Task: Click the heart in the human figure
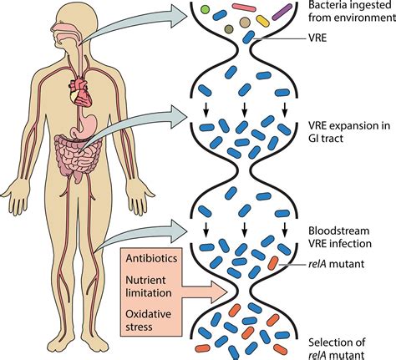point(81,89)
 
